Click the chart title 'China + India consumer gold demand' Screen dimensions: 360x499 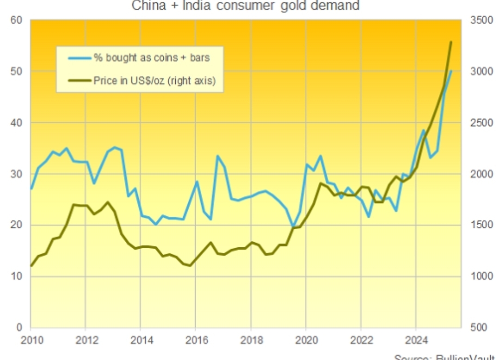click(x=246, y=6)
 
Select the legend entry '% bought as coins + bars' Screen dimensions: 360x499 click(x=152, y=58)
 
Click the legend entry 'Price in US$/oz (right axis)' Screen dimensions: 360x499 click(x=154, y=81)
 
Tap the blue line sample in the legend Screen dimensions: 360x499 click(x=79, y=58)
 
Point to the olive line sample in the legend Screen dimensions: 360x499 click(x=79, y=81)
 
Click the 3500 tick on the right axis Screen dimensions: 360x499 click(x=481, y=20)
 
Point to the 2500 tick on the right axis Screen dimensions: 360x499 click(x=481, y=123)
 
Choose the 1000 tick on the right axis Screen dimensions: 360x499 click(x=481, y=276)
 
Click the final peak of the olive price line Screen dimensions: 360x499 click(x=451, y=42)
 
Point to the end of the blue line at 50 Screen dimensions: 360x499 click(x=451, y=71)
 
